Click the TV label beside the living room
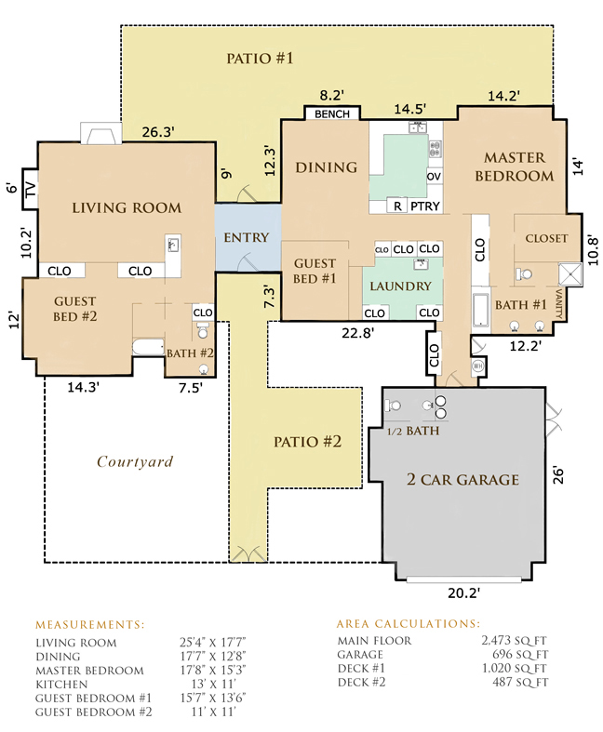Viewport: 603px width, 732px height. (30, 189)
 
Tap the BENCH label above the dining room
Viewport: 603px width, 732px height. (332, 113)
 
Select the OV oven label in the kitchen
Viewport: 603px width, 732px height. (434, 177)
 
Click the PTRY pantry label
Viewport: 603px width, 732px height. (425, 206)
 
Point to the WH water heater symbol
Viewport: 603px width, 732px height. (477, 366)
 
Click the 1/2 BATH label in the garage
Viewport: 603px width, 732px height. (413, 431)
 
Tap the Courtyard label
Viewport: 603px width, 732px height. (135, 461)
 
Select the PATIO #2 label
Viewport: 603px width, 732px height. (307, 442)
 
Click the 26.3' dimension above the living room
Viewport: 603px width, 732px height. (158, 132)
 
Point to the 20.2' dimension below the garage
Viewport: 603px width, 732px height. (463, 592)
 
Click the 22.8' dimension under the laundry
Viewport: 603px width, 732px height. (357, 333)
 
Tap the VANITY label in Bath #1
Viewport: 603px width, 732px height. (558, 303)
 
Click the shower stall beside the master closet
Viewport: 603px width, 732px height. (570, 274)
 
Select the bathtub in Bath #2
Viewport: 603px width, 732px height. (149, 348)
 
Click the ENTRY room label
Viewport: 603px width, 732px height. (247, 237)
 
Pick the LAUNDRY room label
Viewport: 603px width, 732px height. (401, 286)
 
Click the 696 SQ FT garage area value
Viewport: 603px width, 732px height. (520, 655)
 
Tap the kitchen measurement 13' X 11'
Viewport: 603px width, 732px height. (213, 685)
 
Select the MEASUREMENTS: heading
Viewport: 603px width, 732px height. (90, 625)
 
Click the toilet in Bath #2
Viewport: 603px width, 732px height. (203, 329)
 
